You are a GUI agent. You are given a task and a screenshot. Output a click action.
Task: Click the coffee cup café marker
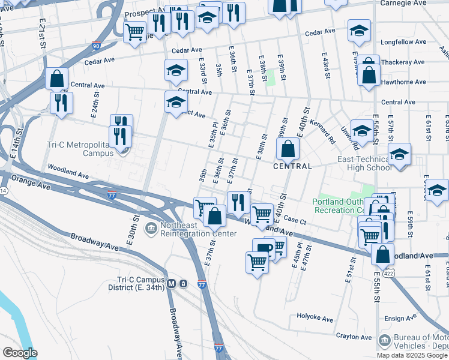coord(264,248)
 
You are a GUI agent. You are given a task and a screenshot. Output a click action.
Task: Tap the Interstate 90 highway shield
coord(97,46)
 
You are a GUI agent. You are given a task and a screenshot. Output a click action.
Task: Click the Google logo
coord(20,353)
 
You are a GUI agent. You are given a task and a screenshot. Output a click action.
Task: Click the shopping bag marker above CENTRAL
coord(288,149)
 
